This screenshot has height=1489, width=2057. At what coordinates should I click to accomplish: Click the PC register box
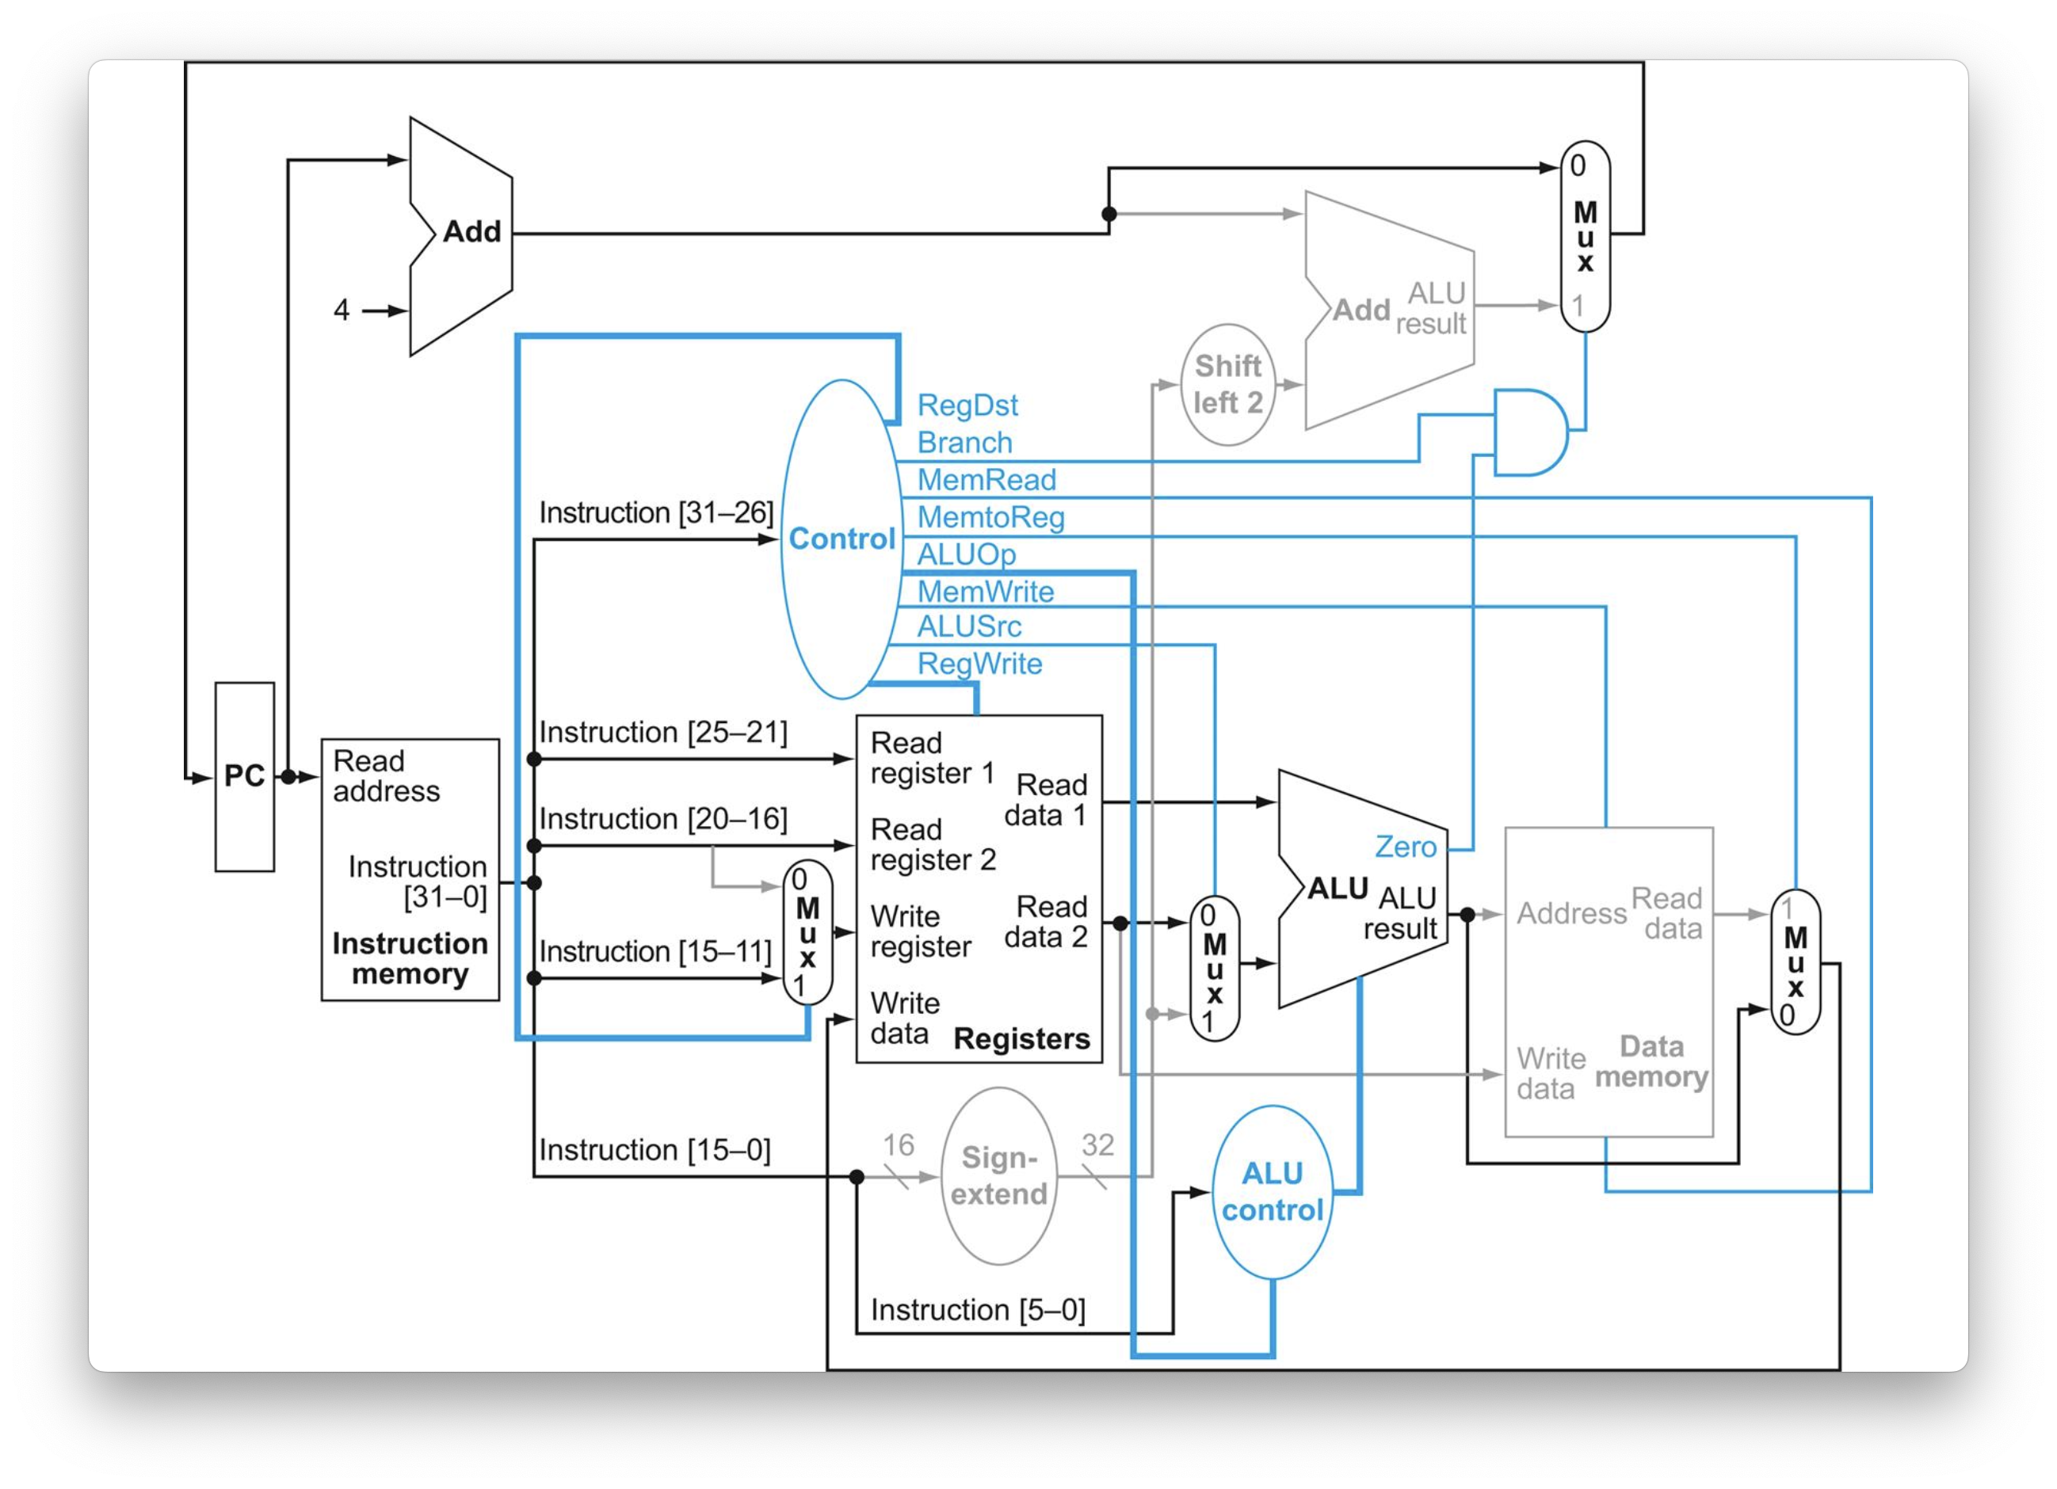coord(244,776)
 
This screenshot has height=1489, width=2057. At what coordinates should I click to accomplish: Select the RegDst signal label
coord(967,405)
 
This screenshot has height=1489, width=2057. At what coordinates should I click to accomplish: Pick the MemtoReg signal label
coord(990,517)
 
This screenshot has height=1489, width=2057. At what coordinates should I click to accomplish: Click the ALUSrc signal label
coord(968,626)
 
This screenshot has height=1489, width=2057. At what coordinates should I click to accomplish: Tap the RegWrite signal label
coord(979,664)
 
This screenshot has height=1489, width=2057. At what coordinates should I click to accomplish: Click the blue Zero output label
coord(1405,846)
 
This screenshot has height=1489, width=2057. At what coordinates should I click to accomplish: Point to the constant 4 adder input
coord(341,310)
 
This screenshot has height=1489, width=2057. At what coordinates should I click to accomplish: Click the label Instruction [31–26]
coord(656,512)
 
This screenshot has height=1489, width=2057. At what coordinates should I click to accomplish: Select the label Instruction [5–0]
coord(978,1309)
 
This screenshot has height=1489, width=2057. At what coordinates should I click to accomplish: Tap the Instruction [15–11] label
coord(654,951)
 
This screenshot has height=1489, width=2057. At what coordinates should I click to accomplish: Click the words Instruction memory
coord(410,958)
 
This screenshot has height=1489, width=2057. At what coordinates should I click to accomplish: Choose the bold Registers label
coord(1021,1038)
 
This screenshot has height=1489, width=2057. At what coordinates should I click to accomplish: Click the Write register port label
coord(920,931)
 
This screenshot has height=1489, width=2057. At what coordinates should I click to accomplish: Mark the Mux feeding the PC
coord(1585,236)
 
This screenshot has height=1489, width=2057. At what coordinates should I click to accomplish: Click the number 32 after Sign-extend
coord(1097,1144)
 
